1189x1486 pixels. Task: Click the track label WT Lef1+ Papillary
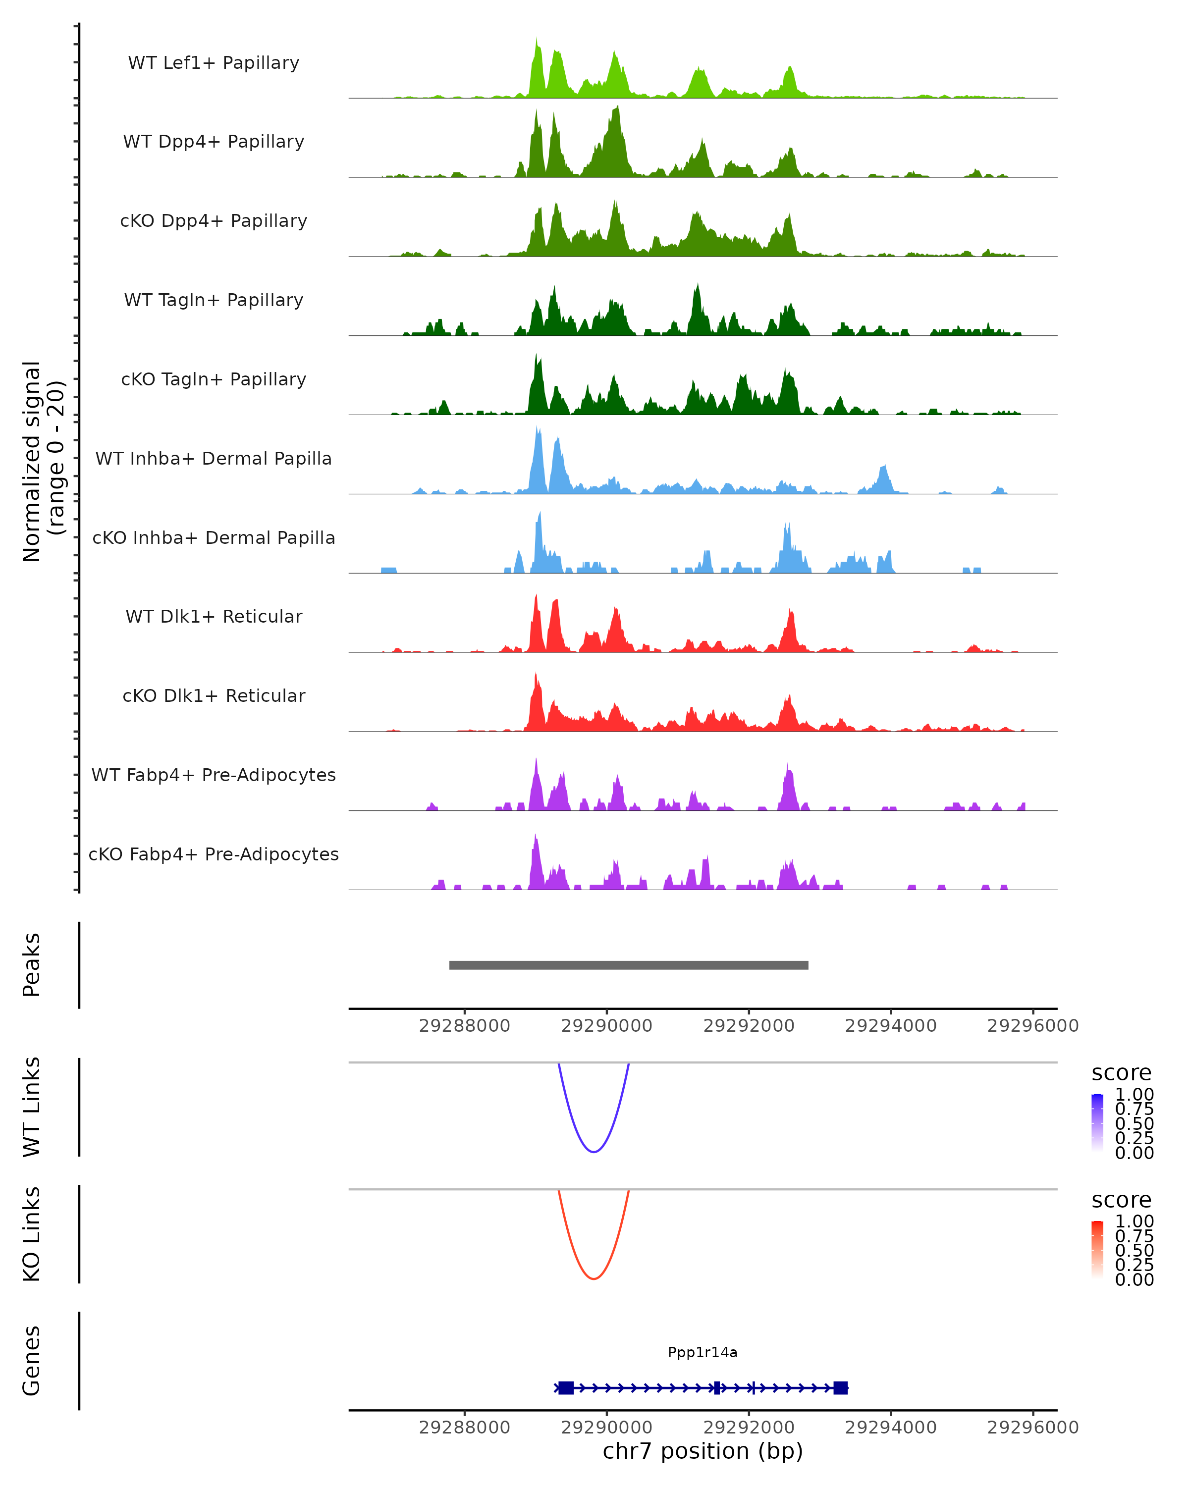click(214, 63)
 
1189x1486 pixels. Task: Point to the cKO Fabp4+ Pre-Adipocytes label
click(214, 854)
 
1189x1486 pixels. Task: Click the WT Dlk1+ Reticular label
click(214, 616)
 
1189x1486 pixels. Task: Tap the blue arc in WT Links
click(594, 1151)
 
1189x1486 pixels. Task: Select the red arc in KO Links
click(594, 1278)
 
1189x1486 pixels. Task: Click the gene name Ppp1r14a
click(703, 1352)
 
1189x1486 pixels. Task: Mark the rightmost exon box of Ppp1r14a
click(840, 1387)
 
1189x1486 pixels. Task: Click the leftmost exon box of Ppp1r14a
click(566, 1387)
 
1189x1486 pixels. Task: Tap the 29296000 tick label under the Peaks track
click(1032, 1026)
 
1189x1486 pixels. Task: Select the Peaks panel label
click(32, 965)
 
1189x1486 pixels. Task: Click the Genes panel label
click(32, 1361)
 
